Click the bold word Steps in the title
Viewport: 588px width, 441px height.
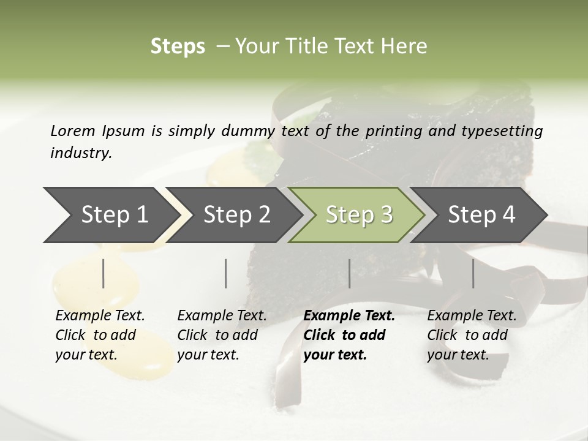178,47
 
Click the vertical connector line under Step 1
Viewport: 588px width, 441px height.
104,273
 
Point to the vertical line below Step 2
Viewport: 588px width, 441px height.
226,273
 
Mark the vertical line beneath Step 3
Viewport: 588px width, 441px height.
349,273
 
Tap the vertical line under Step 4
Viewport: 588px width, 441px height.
473,273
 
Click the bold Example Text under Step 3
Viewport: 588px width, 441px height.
349,335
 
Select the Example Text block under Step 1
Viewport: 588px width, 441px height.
100,335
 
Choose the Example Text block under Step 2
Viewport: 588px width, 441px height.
222,335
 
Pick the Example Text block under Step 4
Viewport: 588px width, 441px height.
472,335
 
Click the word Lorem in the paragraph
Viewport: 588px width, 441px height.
73,130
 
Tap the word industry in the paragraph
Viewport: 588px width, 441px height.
81,153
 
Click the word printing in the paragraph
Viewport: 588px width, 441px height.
393,131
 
